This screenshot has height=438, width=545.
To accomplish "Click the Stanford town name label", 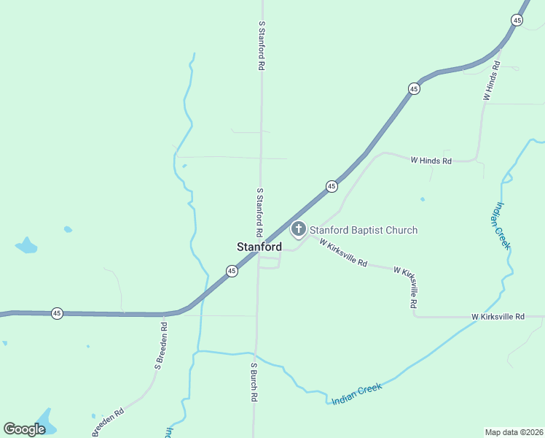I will coord(259,247).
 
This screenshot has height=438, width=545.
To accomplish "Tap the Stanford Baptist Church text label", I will coord(364,231).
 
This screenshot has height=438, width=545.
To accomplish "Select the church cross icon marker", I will coord(298,230).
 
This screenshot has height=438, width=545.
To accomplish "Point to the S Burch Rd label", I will coord(254,382).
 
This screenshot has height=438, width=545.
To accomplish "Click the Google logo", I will coord(24,429).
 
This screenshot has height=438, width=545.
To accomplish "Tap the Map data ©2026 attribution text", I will coord(513,431).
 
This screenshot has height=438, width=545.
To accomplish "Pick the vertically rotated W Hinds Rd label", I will coord(491,81).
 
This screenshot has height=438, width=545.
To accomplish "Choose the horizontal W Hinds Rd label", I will coord(431,160).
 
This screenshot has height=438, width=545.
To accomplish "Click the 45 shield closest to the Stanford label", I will coord(232,271).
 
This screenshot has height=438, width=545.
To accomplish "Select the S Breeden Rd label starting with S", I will coord(162,346).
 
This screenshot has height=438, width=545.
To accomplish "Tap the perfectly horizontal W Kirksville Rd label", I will coord(498,317).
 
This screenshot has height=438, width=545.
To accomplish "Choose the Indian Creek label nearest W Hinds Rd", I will coord(503,226).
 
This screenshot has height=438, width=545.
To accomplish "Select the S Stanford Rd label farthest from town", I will coord(261,45).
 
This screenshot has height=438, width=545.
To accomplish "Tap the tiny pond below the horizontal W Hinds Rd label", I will coord(423,199).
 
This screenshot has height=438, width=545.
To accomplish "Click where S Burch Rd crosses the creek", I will coord(255,354).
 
